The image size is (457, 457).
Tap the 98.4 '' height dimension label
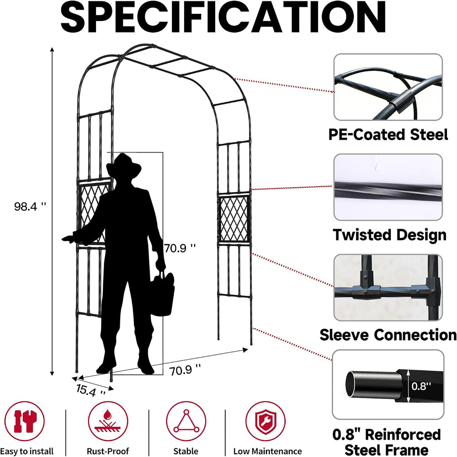click(30, 207)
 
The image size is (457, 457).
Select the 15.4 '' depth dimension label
click(91, 390)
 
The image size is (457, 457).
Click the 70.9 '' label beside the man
click(180, 248)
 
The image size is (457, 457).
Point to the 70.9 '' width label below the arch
click(185, 370)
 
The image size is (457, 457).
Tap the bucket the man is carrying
click(163, 294)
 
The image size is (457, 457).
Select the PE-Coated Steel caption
click(388, 135)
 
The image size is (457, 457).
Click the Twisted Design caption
click(389, 235)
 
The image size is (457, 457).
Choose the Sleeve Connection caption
click(388, 335)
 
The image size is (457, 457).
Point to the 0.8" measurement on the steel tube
click(421, 386)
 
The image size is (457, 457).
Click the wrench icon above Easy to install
click(25, 421)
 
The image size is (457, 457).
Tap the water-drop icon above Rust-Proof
click(108, 421)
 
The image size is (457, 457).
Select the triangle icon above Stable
click(186, 421)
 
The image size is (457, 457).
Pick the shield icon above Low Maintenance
click(265, 421)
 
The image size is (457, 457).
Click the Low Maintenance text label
click(268, 451)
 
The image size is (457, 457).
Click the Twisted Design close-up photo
click(388, 187)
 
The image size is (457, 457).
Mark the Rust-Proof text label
click(108, 451)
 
